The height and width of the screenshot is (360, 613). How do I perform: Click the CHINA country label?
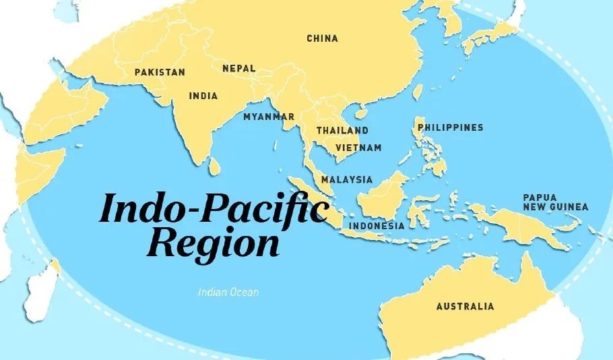[x=322, y=38]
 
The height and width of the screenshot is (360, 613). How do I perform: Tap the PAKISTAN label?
[x=160, y=72]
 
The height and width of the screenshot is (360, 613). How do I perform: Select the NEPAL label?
[x=239, y=68]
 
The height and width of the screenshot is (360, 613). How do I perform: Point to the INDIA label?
[x=203, y=96]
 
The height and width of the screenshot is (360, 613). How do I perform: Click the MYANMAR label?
[x=269, y=117]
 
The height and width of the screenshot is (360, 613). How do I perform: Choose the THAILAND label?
[x=342, y=130]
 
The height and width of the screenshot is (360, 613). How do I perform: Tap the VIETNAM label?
[x=358, y=148]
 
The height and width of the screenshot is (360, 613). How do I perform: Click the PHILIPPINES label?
[x=450, y=127]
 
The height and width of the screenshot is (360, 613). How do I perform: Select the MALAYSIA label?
[x=346, y=180]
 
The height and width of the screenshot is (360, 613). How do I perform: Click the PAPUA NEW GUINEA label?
[x=555, y=202]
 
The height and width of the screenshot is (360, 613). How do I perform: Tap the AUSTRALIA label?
[x=465, y=306]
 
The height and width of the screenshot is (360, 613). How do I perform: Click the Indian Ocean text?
[x=228, y=293]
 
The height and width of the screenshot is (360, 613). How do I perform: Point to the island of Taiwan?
[x=417, y=92]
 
